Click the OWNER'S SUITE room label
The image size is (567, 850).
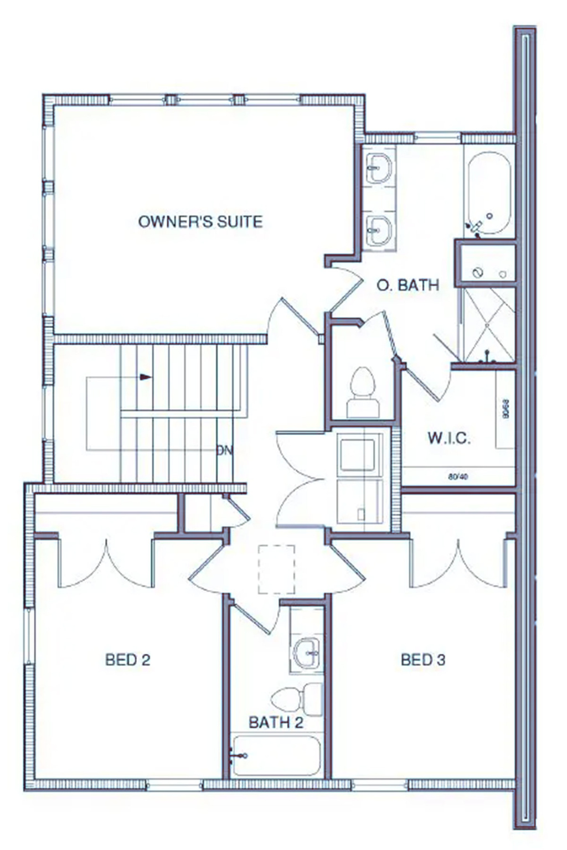[x=200, y=222]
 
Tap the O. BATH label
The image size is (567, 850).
[x=408, y=285]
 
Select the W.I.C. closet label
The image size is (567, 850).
[x=449, y=438]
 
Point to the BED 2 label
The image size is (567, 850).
[x=128, y=660]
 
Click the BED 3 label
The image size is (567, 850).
[x=423, y=660]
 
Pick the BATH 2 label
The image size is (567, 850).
[x=276, y=722]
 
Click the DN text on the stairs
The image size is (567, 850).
[x=224, y=450]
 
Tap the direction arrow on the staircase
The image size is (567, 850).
[x=146, y=377]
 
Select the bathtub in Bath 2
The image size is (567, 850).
[x=276, y=755]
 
